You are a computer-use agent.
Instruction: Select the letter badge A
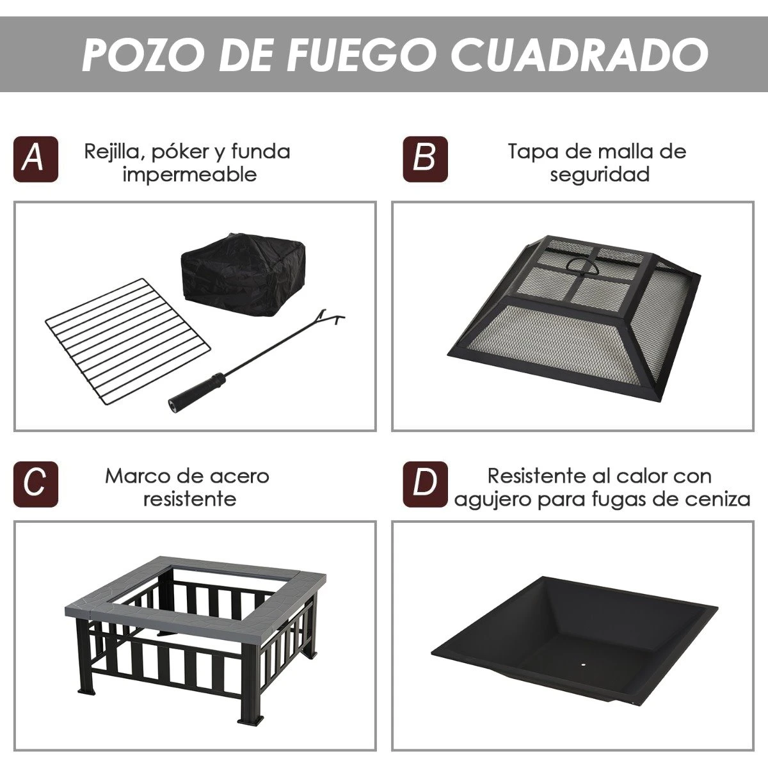coord(35,159)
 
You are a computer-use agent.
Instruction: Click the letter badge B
coord(425,159)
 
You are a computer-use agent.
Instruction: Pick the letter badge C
coord(35,484)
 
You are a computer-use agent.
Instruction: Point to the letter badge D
coord(425,484)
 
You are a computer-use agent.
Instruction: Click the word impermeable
coord(189,175)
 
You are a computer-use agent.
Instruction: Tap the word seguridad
coord(600,175)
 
